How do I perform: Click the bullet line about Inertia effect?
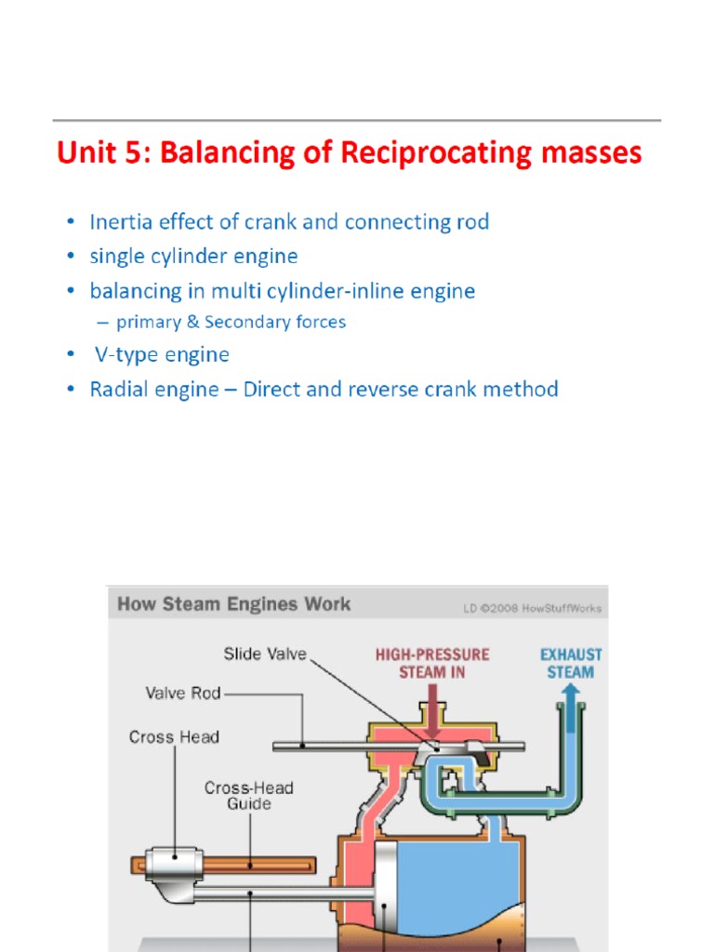(x=288, y=222)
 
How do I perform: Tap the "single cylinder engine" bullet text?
(x=193, y=256)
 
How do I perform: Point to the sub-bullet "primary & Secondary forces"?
(x=231, y=323)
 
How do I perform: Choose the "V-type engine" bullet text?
(x=161, y=355)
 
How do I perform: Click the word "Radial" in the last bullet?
(x=118, y=390)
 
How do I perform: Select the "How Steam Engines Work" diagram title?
(x=234, y=604)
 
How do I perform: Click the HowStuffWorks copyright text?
(x=532, y=608)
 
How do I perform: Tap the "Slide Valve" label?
(x=265, y=654)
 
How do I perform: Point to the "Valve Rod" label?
(x=183, y=693)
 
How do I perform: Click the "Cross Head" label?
(x=174, y=737)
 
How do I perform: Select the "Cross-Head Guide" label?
(x=248, y=796)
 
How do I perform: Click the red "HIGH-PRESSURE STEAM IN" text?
(x=432, y=663)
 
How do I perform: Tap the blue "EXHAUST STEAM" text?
(x=571, y=663)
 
